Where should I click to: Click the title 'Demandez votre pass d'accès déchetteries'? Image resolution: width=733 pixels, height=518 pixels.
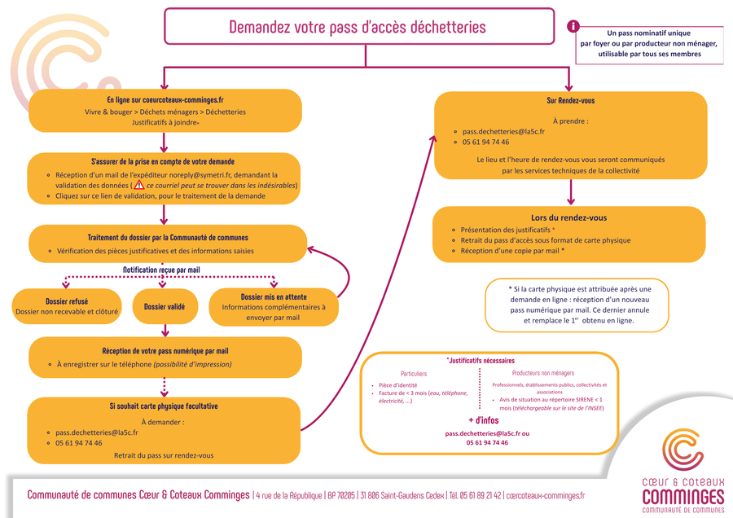coord(358,27)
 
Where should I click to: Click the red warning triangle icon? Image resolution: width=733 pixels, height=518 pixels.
coord(139,185)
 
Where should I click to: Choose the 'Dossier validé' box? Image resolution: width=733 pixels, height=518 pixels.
coord(165,307)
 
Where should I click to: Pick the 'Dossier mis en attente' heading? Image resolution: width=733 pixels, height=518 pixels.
coord(273,296)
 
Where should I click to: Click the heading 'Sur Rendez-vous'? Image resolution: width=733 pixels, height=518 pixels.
coord(570,101)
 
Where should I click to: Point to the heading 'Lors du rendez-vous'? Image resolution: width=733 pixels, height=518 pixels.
coord(569,217)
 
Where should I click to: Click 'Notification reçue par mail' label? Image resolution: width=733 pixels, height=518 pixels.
coord(161,270)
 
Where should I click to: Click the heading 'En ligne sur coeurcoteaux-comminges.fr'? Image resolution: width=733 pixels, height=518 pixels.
coord(165,99)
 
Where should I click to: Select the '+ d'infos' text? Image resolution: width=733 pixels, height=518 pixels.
coord(484,420)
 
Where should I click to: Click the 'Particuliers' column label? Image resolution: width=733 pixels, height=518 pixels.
coord(414,373)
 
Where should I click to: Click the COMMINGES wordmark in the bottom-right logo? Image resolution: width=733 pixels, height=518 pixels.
coord(683,496)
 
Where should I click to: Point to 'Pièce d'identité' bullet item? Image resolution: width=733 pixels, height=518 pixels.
coord(398,384)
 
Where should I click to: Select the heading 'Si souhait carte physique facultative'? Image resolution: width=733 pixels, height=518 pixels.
coord(164,406)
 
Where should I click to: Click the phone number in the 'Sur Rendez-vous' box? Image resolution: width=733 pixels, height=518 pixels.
coord(486,142)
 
